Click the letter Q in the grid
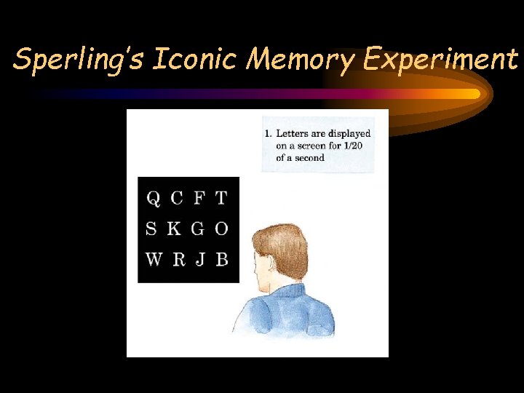tap(154, 198)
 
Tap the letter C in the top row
tap(176, 198)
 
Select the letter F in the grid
tap(199, 198)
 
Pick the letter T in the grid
tap(221, 198)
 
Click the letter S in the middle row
tap(151, 229)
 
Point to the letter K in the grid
tap(174, 229)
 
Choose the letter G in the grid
tap(198, 229)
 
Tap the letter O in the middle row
tap(221, 229)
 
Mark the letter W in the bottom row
tap(154, 259)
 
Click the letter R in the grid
tap(178, 259)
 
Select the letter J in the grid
tap(200, 259)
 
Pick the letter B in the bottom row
tap(222, 259)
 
